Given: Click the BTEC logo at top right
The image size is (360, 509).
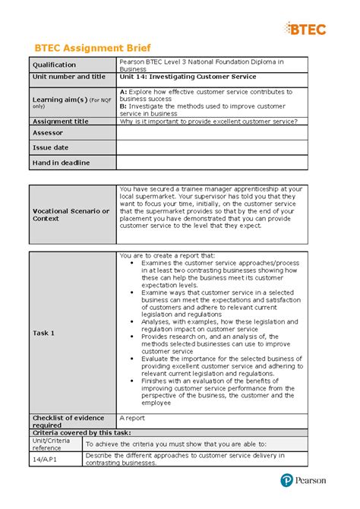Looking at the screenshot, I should click(x=307, y=29).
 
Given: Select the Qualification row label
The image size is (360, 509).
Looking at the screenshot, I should click(x=55, y=65).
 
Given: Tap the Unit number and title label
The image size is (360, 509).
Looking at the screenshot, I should click(x=68, y=77).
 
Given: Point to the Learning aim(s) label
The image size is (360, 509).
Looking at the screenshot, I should click(x=60, y=100).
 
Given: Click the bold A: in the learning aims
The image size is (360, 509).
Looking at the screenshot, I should click(x=124, y=90).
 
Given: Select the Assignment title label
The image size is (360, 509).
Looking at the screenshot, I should click(x=60, y=122).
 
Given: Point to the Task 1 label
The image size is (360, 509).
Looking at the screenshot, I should click(x=43, y=333).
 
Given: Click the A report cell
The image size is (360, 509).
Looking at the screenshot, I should click(x=133, y=418).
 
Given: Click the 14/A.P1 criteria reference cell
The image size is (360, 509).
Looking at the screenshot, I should click(x=43, y=459).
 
